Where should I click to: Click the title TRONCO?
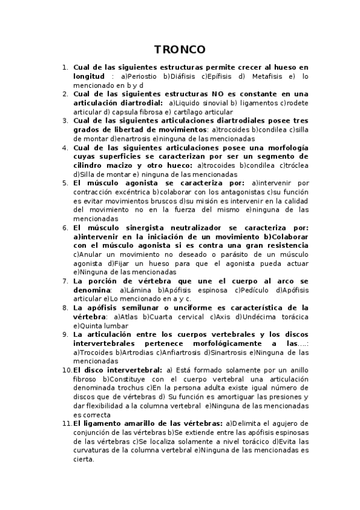180,49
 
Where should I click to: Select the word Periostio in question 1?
142,77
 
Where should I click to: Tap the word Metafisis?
267,77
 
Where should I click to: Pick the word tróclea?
294,165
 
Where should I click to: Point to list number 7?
65,281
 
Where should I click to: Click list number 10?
67,370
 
